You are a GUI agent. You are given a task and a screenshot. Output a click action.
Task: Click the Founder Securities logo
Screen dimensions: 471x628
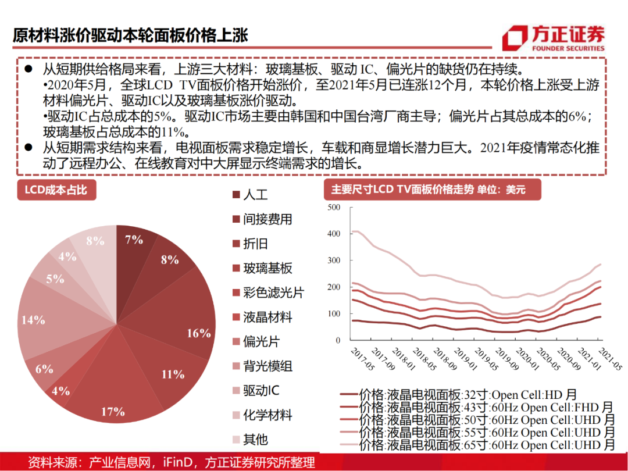pyautogui.click(x=554, y=37)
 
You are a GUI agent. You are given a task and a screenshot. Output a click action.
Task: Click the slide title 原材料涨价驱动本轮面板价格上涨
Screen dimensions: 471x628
pyautogui.click(x=131, y=35)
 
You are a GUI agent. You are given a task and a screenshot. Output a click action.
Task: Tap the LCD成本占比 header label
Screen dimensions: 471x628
pyautogui.click(x=56, y=189)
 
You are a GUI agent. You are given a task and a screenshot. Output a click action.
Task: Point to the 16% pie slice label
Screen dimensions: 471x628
pyautogui.click(x=198, y=333)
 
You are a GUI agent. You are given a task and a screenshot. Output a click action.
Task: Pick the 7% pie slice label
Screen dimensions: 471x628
pyautogui.click(x=134, y=239)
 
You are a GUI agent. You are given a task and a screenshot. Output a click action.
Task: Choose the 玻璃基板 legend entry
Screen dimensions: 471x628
pyautogui.click(x=267, y=268)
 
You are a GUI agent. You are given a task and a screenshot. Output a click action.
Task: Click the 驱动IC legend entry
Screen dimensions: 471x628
pyautogui.click(x=261, y=391)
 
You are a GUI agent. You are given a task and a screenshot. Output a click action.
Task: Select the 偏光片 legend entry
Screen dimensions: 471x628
pyautogui.click(x=261, y=342)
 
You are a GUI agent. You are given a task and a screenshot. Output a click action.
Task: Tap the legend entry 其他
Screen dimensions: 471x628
pyautogui.click(x=255, y=440)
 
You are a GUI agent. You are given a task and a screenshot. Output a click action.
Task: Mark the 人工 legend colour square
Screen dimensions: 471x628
pyautogui.click(x=235, y=195)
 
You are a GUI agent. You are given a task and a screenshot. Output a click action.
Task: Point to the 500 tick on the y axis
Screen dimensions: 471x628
pyautogui.click(x=334, y=207)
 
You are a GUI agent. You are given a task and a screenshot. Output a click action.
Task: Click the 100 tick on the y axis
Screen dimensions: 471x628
pyautogui.click(x=334, y=314)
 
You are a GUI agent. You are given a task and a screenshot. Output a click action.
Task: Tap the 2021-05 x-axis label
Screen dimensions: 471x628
pyautogui.click(x=610, y=360)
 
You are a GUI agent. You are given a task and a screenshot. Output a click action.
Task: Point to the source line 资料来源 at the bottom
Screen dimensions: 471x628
pyautogui.click(x=172, y=462)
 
